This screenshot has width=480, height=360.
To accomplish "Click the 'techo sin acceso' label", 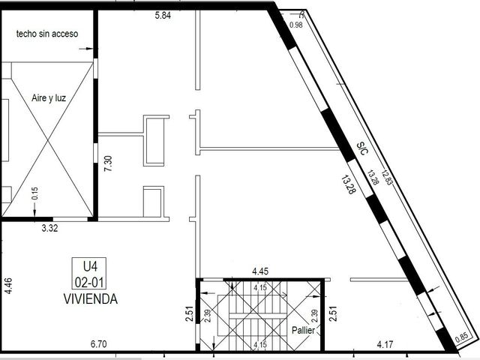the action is click(x=47, y=34).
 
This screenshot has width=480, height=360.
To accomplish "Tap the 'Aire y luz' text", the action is click(x=49, y=98).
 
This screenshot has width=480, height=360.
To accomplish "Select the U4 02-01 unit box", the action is click(x=89, y=273).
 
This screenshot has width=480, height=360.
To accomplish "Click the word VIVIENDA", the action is click(x=91, y=298).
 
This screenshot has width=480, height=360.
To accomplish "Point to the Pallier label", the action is click(x=303, y=330).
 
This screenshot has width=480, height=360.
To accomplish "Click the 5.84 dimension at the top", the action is click(x=163, y=15).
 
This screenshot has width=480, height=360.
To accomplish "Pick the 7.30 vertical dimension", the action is click(x=108, y=163).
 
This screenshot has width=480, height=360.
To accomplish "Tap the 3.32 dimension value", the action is click(x=49, y=228).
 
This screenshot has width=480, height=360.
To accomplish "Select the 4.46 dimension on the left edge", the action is click(x=8, y=286).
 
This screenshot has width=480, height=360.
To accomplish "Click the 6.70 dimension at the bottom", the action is click(x=98, y=344).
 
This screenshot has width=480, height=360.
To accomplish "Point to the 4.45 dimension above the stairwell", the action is click(x=260, y=271).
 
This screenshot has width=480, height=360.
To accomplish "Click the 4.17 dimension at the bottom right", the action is click(x=385, y=345).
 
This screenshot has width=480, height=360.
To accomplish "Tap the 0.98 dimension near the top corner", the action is click(x=296, y=25).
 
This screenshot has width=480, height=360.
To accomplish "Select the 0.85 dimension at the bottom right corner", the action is click(x=461, y=337).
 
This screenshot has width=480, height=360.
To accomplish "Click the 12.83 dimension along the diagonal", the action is click(x=386, y=178).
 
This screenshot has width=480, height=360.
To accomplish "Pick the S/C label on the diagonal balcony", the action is click(x=362, y=148).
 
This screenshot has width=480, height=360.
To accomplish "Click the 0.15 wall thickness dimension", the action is click(x=35, y=193).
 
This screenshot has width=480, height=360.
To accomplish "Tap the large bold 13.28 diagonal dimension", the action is click(x=349, y=184).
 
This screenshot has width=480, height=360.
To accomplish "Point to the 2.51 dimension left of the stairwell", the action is click(x=190, y=313).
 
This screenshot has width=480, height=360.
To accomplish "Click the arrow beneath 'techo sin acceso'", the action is click(x=86, y=48).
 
